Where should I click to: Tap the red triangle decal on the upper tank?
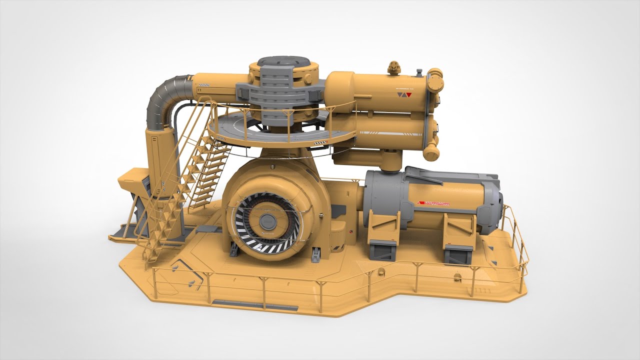coord(408,94)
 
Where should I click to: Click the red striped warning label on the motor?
coord(433,203)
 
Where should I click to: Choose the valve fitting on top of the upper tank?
coord(394,67)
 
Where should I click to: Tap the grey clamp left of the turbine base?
coord(233,248)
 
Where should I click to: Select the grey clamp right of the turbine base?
coord(316,254)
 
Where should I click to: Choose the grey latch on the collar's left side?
coord(244,91)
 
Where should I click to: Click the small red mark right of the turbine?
coord(351,231)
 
